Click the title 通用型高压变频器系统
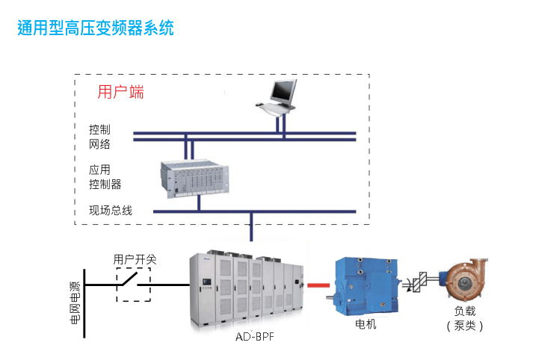[96, 28]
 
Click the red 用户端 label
[120, 92]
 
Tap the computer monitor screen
[283, 91]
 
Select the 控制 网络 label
[99, 137]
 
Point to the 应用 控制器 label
[105, 177]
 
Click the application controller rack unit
[195, 179]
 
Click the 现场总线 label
[111, 210]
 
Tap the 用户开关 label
[135, 260]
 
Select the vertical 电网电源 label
[75, 303]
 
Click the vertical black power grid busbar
[84, 303]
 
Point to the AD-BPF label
[255, 337]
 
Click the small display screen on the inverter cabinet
[207, 282]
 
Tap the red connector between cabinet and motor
[318, 285]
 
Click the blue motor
[364, 286]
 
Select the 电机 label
[366, 324]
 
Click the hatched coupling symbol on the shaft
[420, 282]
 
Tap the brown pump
[465, 280]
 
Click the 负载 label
[465, 311]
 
